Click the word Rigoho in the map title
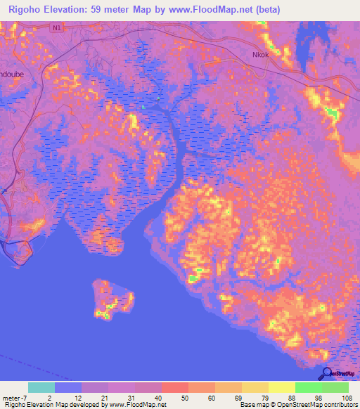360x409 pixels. tap(22, 9)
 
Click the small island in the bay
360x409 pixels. tap(112, 299)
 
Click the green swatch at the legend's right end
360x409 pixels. tap(335, 387)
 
